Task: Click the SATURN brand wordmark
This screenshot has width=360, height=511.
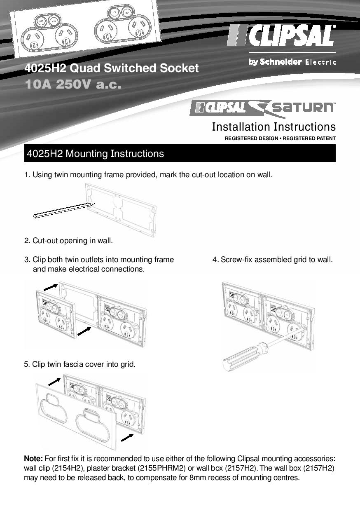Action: [302, 108]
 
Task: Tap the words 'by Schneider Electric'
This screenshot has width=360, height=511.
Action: [292, 62]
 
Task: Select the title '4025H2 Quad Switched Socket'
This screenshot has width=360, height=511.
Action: [112, 68]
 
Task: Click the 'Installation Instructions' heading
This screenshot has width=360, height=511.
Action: [274, 127]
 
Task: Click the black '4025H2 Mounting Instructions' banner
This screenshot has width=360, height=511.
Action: [180, 154]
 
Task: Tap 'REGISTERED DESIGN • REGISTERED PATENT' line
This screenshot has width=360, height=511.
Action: [280, 138]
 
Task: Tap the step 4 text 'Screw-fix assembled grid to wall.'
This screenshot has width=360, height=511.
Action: [273, 260]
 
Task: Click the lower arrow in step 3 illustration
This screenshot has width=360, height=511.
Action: [84, 331]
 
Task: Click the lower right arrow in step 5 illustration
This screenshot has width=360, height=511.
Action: [128, 436]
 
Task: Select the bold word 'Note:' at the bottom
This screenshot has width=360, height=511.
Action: [33, 459]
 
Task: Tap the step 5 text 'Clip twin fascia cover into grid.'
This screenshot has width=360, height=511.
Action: [80, 364]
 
